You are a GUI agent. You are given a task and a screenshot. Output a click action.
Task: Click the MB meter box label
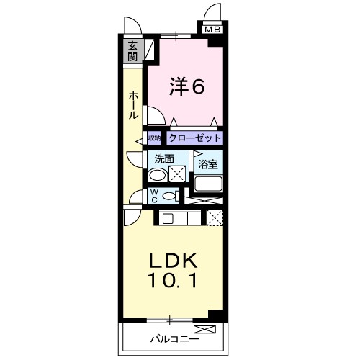coord(212,30)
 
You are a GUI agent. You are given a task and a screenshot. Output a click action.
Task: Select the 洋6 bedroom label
coord(188,86)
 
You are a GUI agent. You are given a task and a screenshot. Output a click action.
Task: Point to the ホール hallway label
coord(133,105)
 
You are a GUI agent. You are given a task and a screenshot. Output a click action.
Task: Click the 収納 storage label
coord(155,138)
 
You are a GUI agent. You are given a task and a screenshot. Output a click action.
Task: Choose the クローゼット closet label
coord(194,138)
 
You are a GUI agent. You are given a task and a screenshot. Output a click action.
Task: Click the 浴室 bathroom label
coord(208,164)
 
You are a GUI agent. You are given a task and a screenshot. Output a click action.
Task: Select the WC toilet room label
coord(154,196)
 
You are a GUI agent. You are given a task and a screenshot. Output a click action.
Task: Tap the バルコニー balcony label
coord(170,337)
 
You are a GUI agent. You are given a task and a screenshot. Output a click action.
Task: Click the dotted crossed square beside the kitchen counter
coord(214,217)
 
